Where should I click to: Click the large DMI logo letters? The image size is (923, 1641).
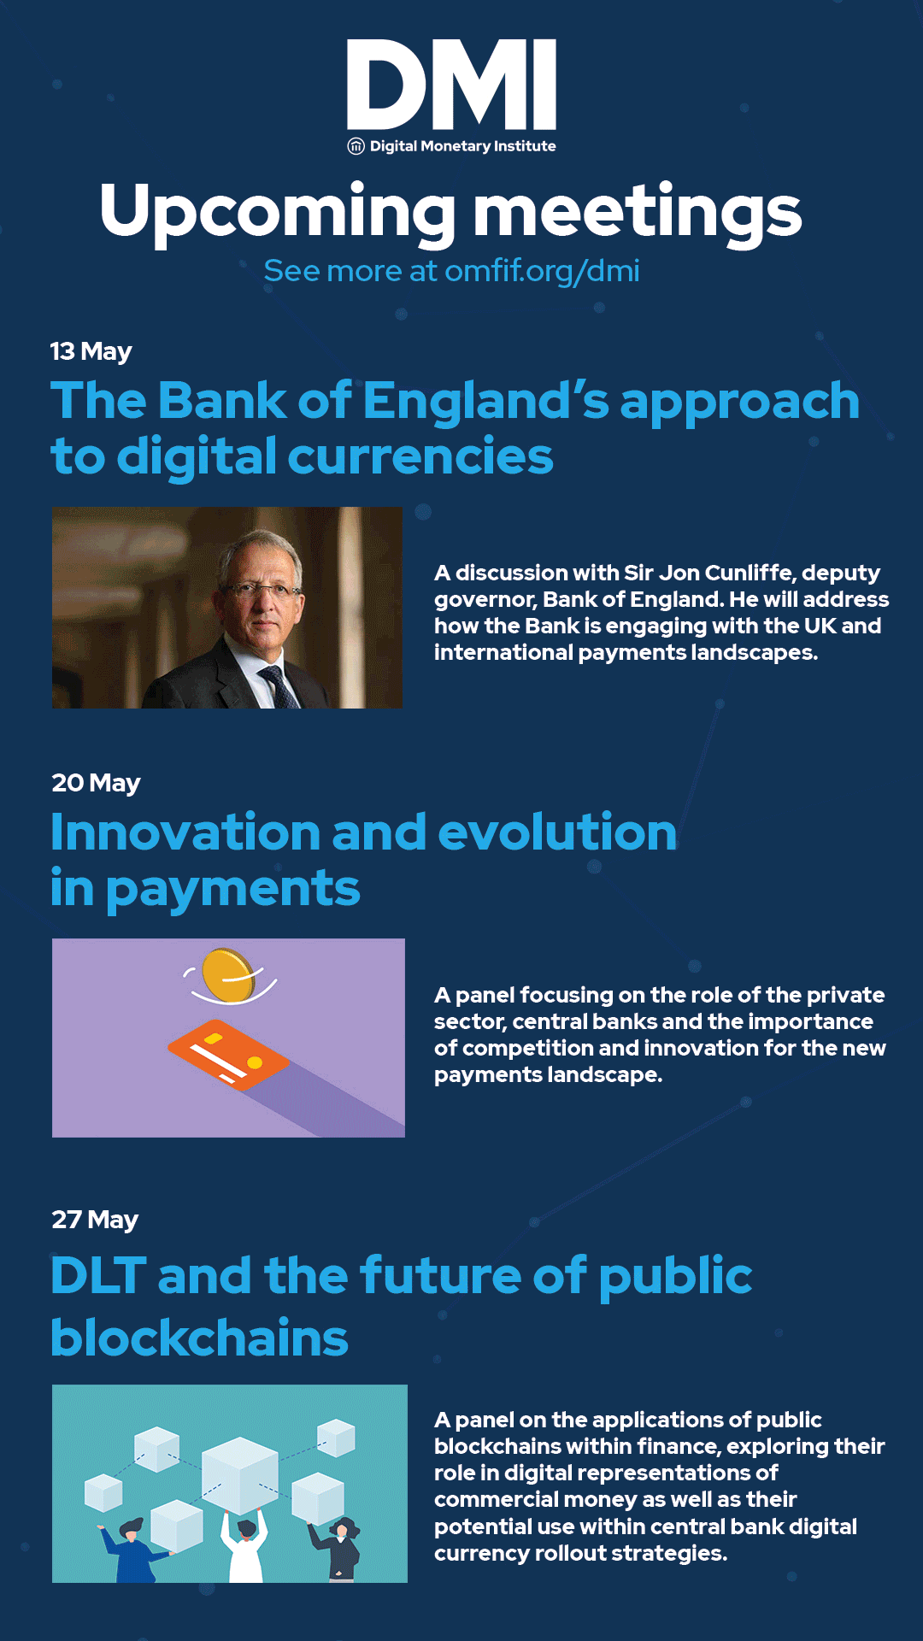tap(451, 84)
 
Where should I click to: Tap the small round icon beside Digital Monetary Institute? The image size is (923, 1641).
tap(356, 146)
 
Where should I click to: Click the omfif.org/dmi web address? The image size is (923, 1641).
tap(542, 271)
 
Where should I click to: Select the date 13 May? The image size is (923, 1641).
tap(91, 351)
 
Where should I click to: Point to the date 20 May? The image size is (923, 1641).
tap(96, 783)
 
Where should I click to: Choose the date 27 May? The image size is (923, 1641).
tap(95, 1220)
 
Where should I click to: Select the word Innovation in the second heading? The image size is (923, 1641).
tap(185, 832)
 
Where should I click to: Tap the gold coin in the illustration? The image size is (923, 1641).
tap(226, 975)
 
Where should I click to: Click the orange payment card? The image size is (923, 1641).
tap(228, 1055)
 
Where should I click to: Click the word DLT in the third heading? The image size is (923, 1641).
tap(98, 1276)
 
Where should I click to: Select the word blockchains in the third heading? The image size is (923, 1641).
tap(200, 1338)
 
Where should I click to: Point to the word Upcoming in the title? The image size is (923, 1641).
tap(278, 212)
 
